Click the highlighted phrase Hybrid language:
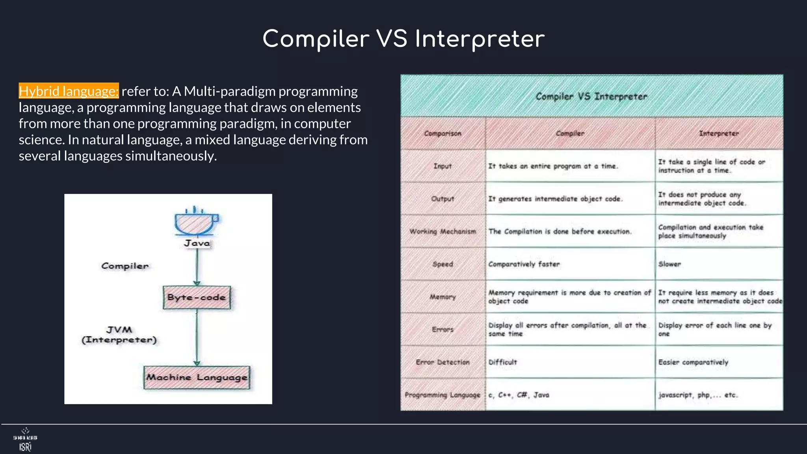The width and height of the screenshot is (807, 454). [69, 91]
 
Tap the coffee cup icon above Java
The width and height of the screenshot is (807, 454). [196, 222]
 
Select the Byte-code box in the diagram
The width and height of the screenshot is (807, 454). [197, 298]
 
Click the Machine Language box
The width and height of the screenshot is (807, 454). [197, 378]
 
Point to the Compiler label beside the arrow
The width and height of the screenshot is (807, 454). [125, 266]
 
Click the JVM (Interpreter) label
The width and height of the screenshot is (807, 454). [119, 335]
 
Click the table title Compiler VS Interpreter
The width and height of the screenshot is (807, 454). [591, 97]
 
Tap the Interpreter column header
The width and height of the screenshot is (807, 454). [719, 134]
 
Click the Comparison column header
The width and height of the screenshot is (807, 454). [443, 134]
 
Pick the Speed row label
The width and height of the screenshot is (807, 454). [443, 264]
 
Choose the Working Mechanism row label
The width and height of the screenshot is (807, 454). [443, 231]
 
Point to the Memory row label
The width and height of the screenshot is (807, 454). [443, 297]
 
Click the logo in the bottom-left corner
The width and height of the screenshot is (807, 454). [25, 440]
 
